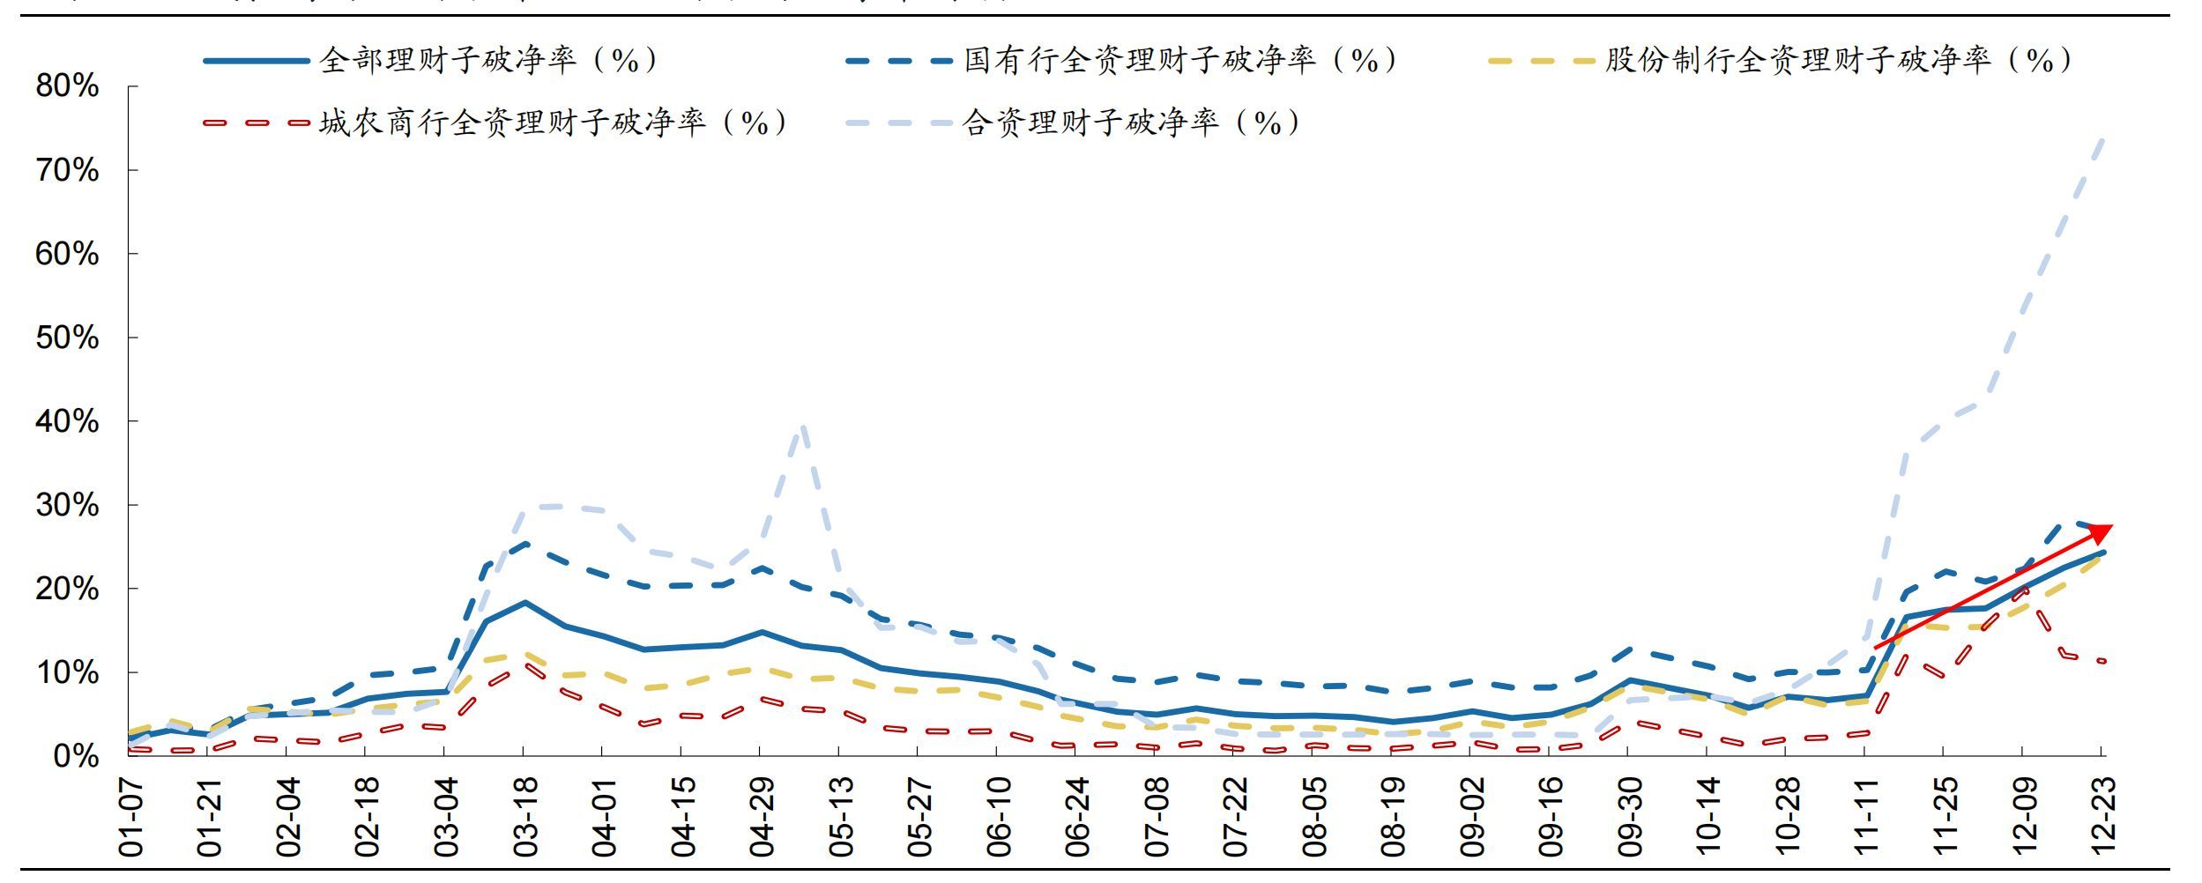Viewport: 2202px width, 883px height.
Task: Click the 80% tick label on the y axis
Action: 68,86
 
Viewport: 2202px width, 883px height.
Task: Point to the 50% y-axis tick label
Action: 68,338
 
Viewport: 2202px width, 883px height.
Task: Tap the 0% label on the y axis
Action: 76,756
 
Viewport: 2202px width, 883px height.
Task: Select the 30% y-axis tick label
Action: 68,505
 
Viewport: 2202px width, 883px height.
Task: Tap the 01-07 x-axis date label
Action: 130,816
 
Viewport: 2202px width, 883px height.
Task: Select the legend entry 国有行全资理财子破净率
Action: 1179,60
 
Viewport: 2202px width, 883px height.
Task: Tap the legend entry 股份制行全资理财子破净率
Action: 1838,60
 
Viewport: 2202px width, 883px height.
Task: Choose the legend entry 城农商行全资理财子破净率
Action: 553,122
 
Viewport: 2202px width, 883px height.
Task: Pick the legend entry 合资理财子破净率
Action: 1130,122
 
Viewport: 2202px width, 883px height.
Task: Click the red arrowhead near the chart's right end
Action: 2100,532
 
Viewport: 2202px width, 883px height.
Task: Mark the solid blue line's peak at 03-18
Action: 524,603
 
